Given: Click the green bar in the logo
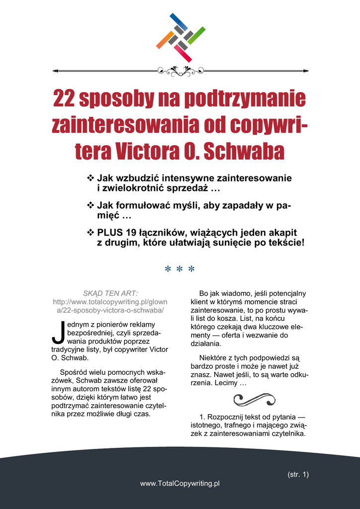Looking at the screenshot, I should click(196, 35).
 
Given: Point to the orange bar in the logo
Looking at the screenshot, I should click(165, 40).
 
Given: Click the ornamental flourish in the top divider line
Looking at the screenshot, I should click(180, 71).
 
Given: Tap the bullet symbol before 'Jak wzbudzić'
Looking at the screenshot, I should click(90, 177).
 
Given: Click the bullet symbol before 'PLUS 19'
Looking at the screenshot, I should click(90, 232).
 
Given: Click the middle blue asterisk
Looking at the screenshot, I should click(180, 270).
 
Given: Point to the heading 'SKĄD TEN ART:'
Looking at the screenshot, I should click(110, 293).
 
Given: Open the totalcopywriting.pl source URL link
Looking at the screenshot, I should click(110, 306).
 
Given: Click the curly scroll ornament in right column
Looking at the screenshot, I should click(254, 399).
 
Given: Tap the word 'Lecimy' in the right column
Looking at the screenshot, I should click(225, 384).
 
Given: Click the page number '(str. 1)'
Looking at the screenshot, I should click(298, 474).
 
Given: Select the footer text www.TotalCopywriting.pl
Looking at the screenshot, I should click(180, 483).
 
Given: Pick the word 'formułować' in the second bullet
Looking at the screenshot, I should click(143, 205).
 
